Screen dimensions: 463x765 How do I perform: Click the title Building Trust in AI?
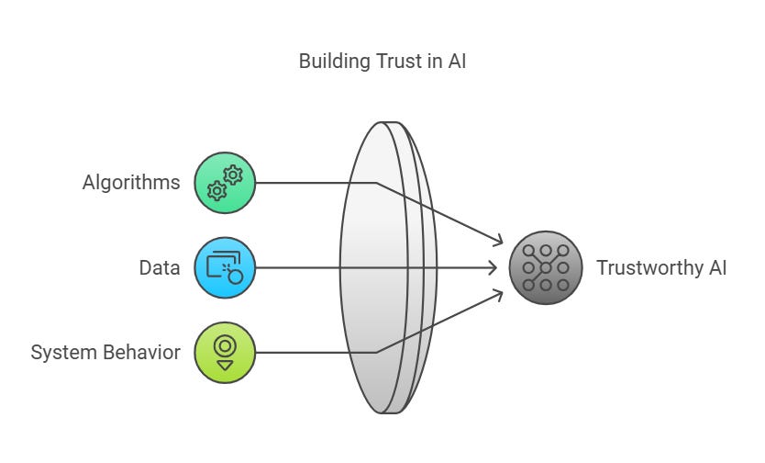[x=382, y=62]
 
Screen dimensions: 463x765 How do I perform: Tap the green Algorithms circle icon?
[x=225, y=183]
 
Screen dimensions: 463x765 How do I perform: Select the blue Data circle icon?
[x=225, y=268]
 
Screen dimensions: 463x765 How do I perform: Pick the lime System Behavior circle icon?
[x=225, y=353]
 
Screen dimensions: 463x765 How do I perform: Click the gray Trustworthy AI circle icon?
[x=545, y=268]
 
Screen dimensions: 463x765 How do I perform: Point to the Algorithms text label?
[x=131, y=183]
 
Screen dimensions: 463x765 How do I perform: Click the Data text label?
[x=160, y=268]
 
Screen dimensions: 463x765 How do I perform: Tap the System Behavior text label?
[x=105, y=353]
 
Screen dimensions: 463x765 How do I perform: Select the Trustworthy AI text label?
[x=660, y=268]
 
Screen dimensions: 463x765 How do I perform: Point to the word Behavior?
[x=142, y=353]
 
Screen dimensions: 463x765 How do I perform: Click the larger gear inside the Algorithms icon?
[x=233, y=175]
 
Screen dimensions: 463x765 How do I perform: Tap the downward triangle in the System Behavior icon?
[x=225, y=365]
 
